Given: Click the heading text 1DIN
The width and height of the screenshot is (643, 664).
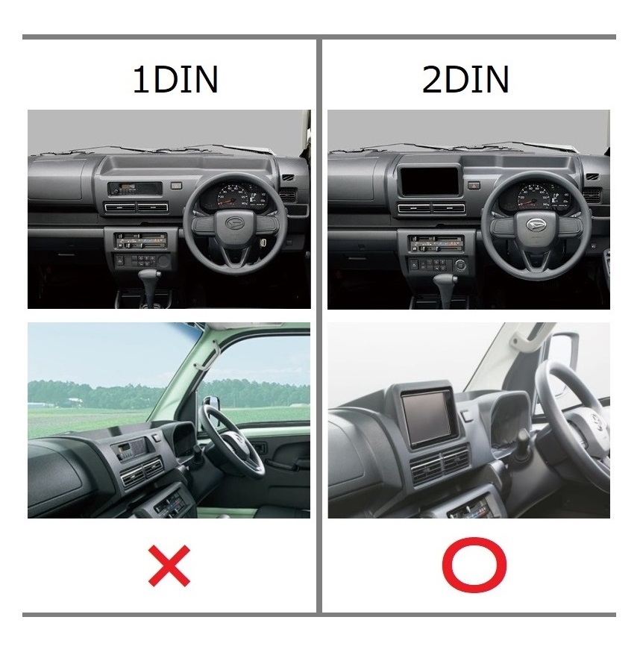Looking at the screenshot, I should [175, 80].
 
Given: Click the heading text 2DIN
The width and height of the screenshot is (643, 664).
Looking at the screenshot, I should [465, 80].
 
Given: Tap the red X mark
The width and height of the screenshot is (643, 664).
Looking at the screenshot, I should [169, 566].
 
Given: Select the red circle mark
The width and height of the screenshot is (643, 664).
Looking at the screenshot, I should [474, 565].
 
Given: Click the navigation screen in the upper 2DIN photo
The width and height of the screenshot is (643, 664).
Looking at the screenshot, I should [429, 181].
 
